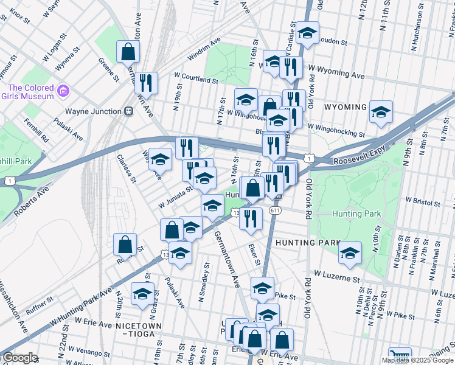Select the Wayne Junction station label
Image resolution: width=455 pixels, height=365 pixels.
pyautogui.click(x=93, y=111)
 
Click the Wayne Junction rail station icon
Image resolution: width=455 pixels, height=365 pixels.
pyautogui.click(x=129, y=111)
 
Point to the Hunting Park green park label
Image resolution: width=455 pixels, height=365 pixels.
pyautogui.click(x=356, y=214)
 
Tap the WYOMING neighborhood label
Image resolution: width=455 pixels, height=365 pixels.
pyautogui.click(x=346, y=107)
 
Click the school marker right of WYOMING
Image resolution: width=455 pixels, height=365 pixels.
pyautogui.click(x=381, y=111)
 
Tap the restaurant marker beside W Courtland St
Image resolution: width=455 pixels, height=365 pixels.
pyautogui.click(x=146, y=82)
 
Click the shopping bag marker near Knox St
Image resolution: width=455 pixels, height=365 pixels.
pyautogui.click(x=128, y=52)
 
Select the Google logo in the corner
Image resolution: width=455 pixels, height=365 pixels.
pyautogui.click(x=20, y=358)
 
